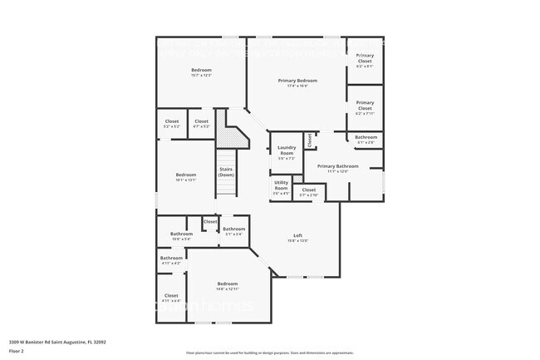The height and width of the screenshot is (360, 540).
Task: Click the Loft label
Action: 297,236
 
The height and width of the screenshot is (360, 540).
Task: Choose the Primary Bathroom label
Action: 337,166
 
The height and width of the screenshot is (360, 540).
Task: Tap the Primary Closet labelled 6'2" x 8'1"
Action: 365,58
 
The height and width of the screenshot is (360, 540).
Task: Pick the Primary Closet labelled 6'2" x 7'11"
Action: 365,106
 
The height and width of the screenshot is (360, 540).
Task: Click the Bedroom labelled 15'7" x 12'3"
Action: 201,70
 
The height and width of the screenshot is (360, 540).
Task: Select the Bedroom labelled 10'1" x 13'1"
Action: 185,175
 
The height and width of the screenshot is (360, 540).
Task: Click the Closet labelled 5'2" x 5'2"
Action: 172,122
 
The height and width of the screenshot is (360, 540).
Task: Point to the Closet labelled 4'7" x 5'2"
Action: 201,122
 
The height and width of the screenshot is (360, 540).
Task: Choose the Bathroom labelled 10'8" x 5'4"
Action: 181,234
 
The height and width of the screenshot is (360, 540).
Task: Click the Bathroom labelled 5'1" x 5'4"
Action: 233,229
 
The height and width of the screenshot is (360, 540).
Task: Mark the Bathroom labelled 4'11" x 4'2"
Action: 171,259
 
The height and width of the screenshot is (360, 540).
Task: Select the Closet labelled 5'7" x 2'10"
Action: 308,190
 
